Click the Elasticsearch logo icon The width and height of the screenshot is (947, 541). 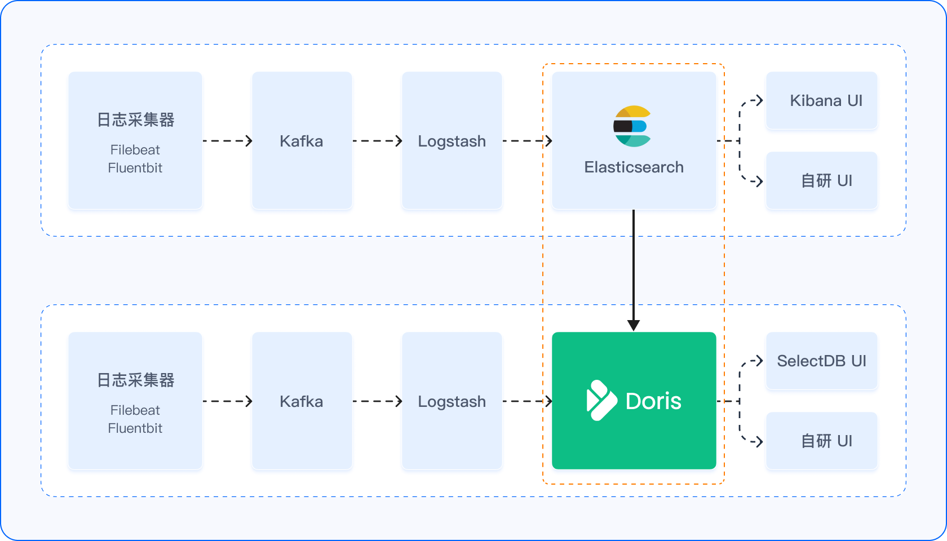pos(632,126)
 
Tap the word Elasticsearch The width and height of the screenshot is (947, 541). pos(634,167)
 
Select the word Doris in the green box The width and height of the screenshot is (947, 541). pos(653,401)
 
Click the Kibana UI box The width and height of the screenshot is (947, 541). pos(821,100)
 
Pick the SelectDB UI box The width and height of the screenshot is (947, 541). pos(821,361)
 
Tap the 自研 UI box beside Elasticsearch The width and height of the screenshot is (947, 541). pos(821,180)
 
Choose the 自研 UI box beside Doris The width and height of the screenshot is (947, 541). pos(821,441)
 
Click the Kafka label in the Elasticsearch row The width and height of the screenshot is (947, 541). pos(302,141)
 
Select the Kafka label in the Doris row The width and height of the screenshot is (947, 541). pos(302,401)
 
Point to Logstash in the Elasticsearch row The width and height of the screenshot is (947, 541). pos(452,141)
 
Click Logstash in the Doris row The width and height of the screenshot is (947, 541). pos(452,402)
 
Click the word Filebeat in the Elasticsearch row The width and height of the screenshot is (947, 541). pos(135,150)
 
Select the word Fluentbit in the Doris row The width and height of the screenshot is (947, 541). pos(135,428)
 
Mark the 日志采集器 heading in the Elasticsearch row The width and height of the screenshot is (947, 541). pos(136,119)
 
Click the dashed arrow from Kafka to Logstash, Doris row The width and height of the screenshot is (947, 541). pos(377,401)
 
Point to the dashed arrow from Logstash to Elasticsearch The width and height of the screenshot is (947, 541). pos(527,141)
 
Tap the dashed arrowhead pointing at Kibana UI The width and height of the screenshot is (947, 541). pos(759,100)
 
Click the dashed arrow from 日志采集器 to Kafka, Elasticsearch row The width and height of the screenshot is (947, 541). pos(228,141)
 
